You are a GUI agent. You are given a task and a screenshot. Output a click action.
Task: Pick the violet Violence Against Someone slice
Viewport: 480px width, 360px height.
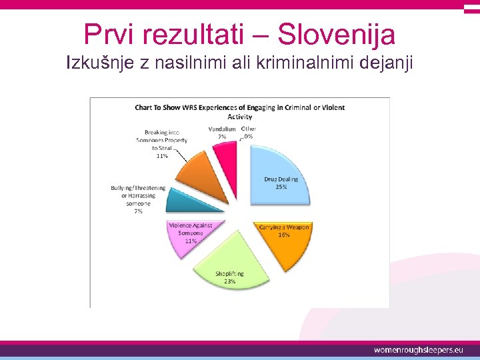(x=190, y=233)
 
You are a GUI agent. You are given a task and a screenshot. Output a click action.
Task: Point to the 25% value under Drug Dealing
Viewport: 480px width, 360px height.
(x=281, y=187)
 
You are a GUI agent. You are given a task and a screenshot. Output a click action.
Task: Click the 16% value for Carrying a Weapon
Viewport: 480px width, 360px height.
(x=284, y=235)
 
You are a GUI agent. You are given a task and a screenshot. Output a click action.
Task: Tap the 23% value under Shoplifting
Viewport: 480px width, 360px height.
(x=229, y=281)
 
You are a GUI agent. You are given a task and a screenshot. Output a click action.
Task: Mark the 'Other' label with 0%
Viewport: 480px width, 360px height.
(x=248, y=132)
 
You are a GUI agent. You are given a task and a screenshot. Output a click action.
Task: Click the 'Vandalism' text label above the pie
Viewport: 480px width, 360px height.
(x=221, y=129)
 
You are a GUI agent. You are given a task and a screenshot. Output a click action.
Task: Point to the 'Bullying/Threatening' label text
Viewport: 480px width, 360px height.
(x=138, y=188)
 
